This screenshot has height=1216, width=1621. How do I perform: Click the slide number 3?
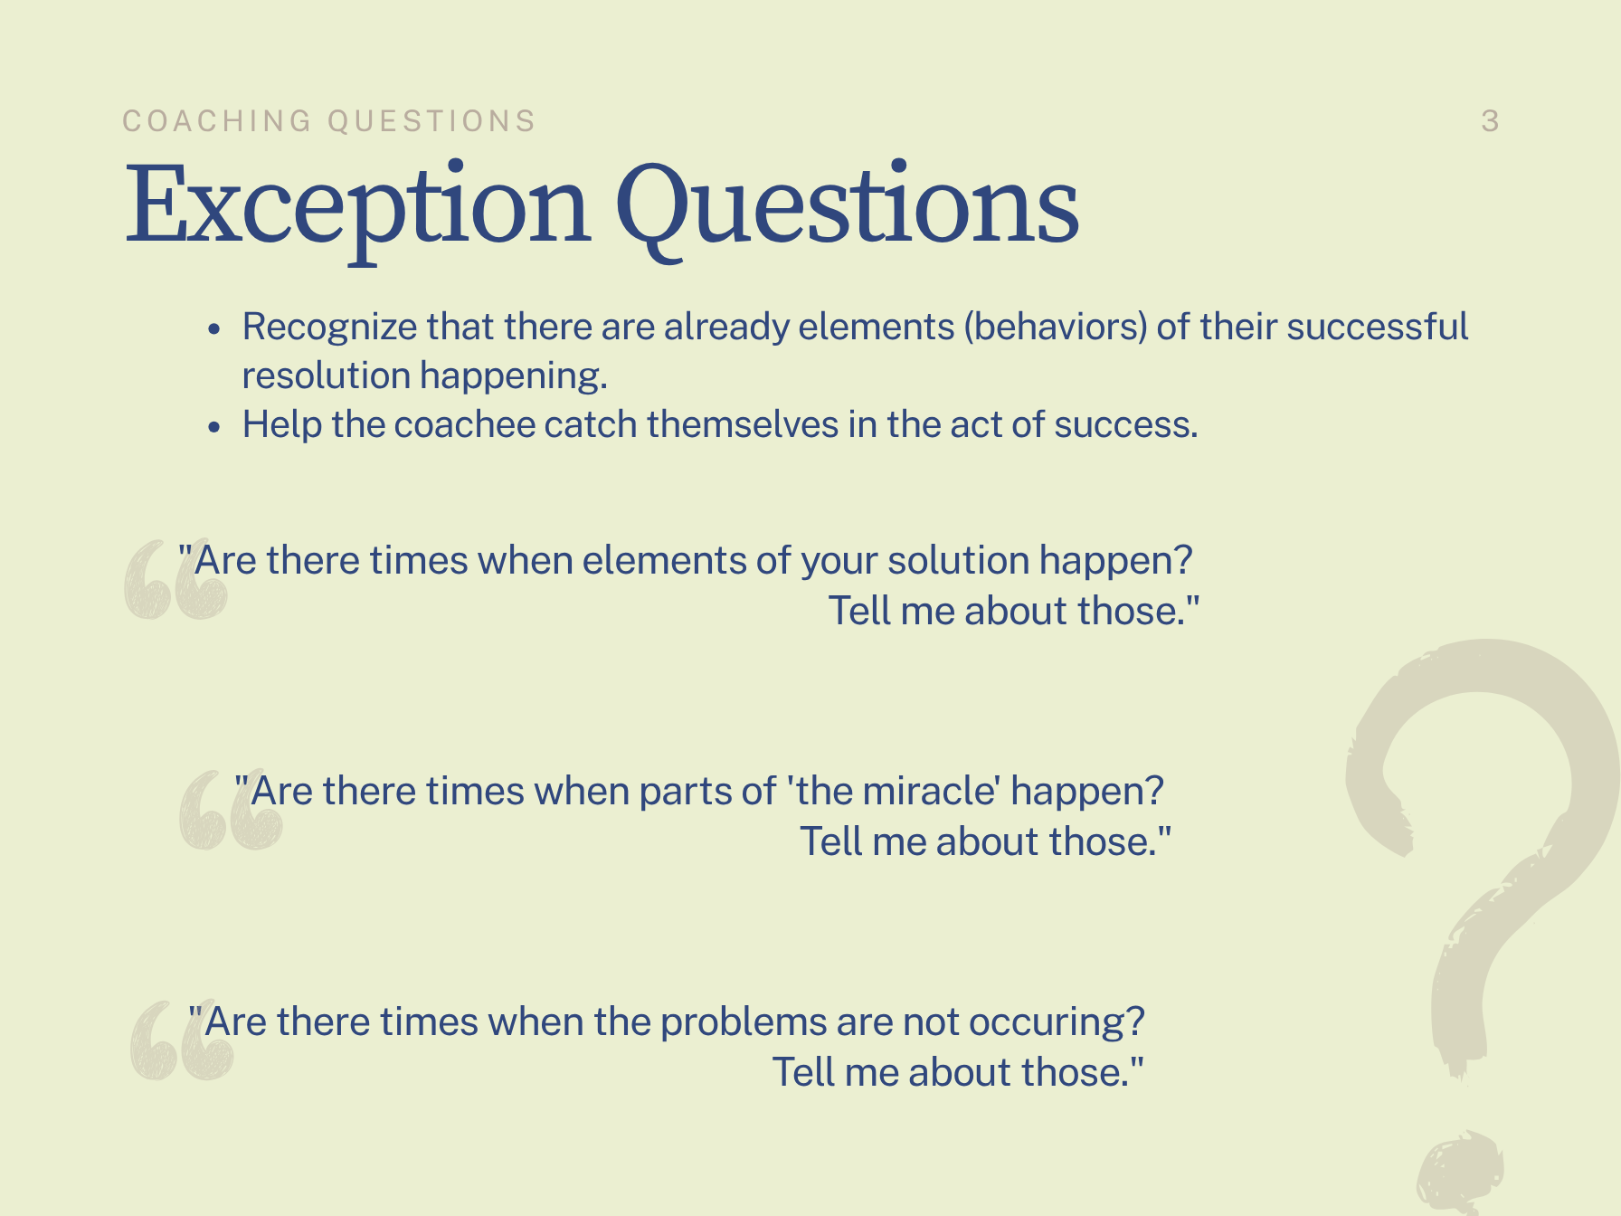[x=1490, y=121]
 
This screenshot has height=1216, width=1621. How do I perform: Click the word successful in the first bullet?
[x=1378, y=326]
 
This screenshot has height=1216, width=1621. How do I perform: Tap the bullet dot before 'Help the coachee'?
[x=213, y=426]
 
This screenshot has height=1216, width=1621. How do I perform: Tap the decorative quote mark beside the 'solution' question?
[x=175, y=580]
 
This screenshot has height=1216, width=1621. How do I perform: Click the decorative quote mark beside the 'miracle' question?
[x=231, y=811]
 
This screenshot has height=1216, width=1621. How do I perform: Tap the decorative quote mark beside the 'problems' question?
[x=182, y=1041]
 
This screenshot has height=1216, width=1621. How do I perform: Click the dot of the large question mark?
[x=1458, y=1172]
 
